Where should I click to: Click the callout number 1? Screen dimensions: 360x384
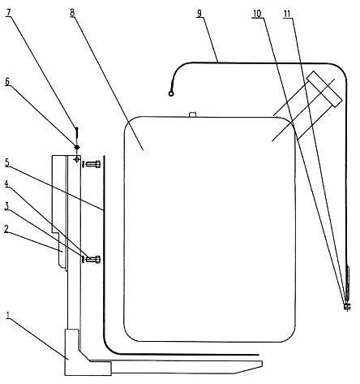click(x=8, y=315)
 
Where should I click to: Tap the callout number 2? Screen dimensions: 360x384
click(x=6, y=229)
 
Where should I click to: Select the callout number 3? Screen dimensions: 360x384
click(x=6, y=206)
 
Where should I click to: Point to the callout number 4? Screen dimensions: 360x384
click(x=6, y=183)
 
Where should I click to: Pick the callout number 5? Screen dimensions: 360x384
click(x=7, y=162)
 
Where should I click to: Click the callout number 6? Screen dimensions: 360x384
click(x=7, y=81)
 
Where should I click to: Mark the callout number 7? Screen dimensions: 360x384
click(x=8, y=12)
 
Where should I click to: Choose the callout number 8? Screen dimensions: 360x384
click(x=72, y=12)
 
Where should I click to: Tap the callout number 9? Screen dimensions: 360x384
click(x=199, y=14)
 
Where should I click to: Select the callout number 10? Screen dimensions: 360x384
click(x=257, y=14)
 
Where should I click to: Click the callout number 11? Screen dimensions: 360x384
click(x=288, y=14)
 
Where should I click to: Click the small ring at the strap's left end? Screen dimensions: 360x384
click(x=171, y=93)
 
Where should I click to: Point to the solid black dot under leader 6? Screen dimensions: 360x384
click(x=77, y=147)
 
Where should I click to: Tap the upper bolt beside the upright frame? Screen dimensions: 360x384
click(x=93, y=164)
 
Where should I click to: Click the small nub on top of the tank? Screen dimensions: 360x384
click(x=192, y=114)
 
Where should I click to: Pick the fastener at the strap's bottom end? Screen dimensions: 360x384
click(x=347, y=307)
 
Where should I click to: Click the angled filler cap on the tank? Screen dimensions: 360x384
click(x=324, y=89)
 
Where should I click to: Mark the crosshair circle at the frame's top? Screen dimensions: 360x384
click(x=77, y=159)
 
